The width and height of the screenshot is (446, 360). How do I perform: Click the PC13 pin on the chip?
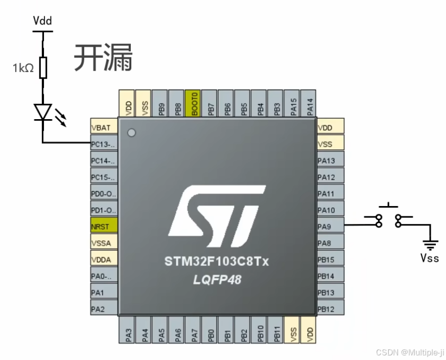click(x=104, y=144)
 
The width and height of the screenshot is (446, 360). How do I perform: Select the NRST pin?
click(x=104, y=226)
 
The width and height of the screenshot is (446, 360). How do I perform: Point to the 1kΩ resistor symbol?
click(x=43, y=67)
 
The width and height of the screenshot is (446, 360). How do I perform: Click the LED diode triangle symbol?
click(x=43, y=111)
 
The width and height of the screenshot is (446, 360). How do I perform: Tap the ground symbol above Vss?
click(x=431, y=245)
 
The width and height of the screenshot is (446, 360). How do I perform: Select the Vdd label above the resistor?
click(x=42, y=21)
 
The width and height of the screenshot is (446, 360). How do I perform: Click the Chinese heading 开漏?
click(x=104, y=57)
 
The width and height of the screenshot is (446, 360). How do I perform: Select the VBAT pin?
click(x=104, y=128)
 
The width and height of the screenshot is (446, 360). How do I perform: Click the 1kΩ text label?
click(x=24, y=67)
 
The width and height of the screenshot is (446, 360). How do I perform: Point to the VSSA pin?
click(x=104, y=242)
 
